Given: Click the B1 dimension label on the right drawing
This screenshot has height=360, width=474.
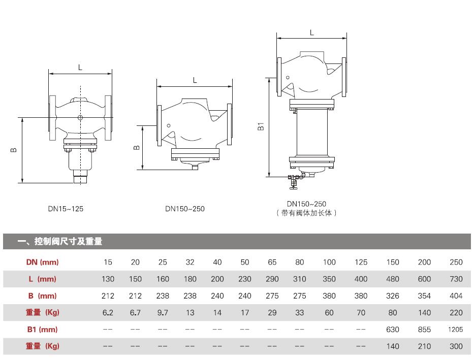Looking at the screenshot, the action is coord(261,126).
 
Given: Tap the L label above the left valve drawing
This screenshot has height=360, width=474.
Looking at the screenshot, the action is coord(80,68).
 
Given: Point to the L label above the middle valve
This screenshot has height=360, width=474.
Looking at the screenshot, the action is coord(195,80).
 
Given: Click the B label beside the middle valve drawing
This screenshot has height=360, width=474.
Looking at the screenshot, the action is coord(136,148).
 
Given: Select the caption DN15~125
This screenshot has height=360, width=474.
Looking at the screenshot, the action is coord(66,209).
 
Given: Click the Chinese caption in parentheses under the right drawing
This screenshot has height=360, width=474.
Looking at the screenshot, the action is coord(306,213).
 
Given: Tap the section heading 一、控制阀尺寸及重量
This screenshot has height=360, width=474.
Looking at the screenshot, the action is coord(60,241).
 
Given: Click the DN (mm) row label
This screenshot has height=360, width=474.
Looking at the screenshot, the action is coord(42,262).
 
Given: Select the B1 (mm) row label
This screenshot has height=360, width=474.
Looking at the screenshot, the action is coord(42,329).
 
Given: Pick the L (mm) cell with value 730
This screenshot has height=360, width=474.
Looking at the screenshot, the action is coord(456,279).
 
